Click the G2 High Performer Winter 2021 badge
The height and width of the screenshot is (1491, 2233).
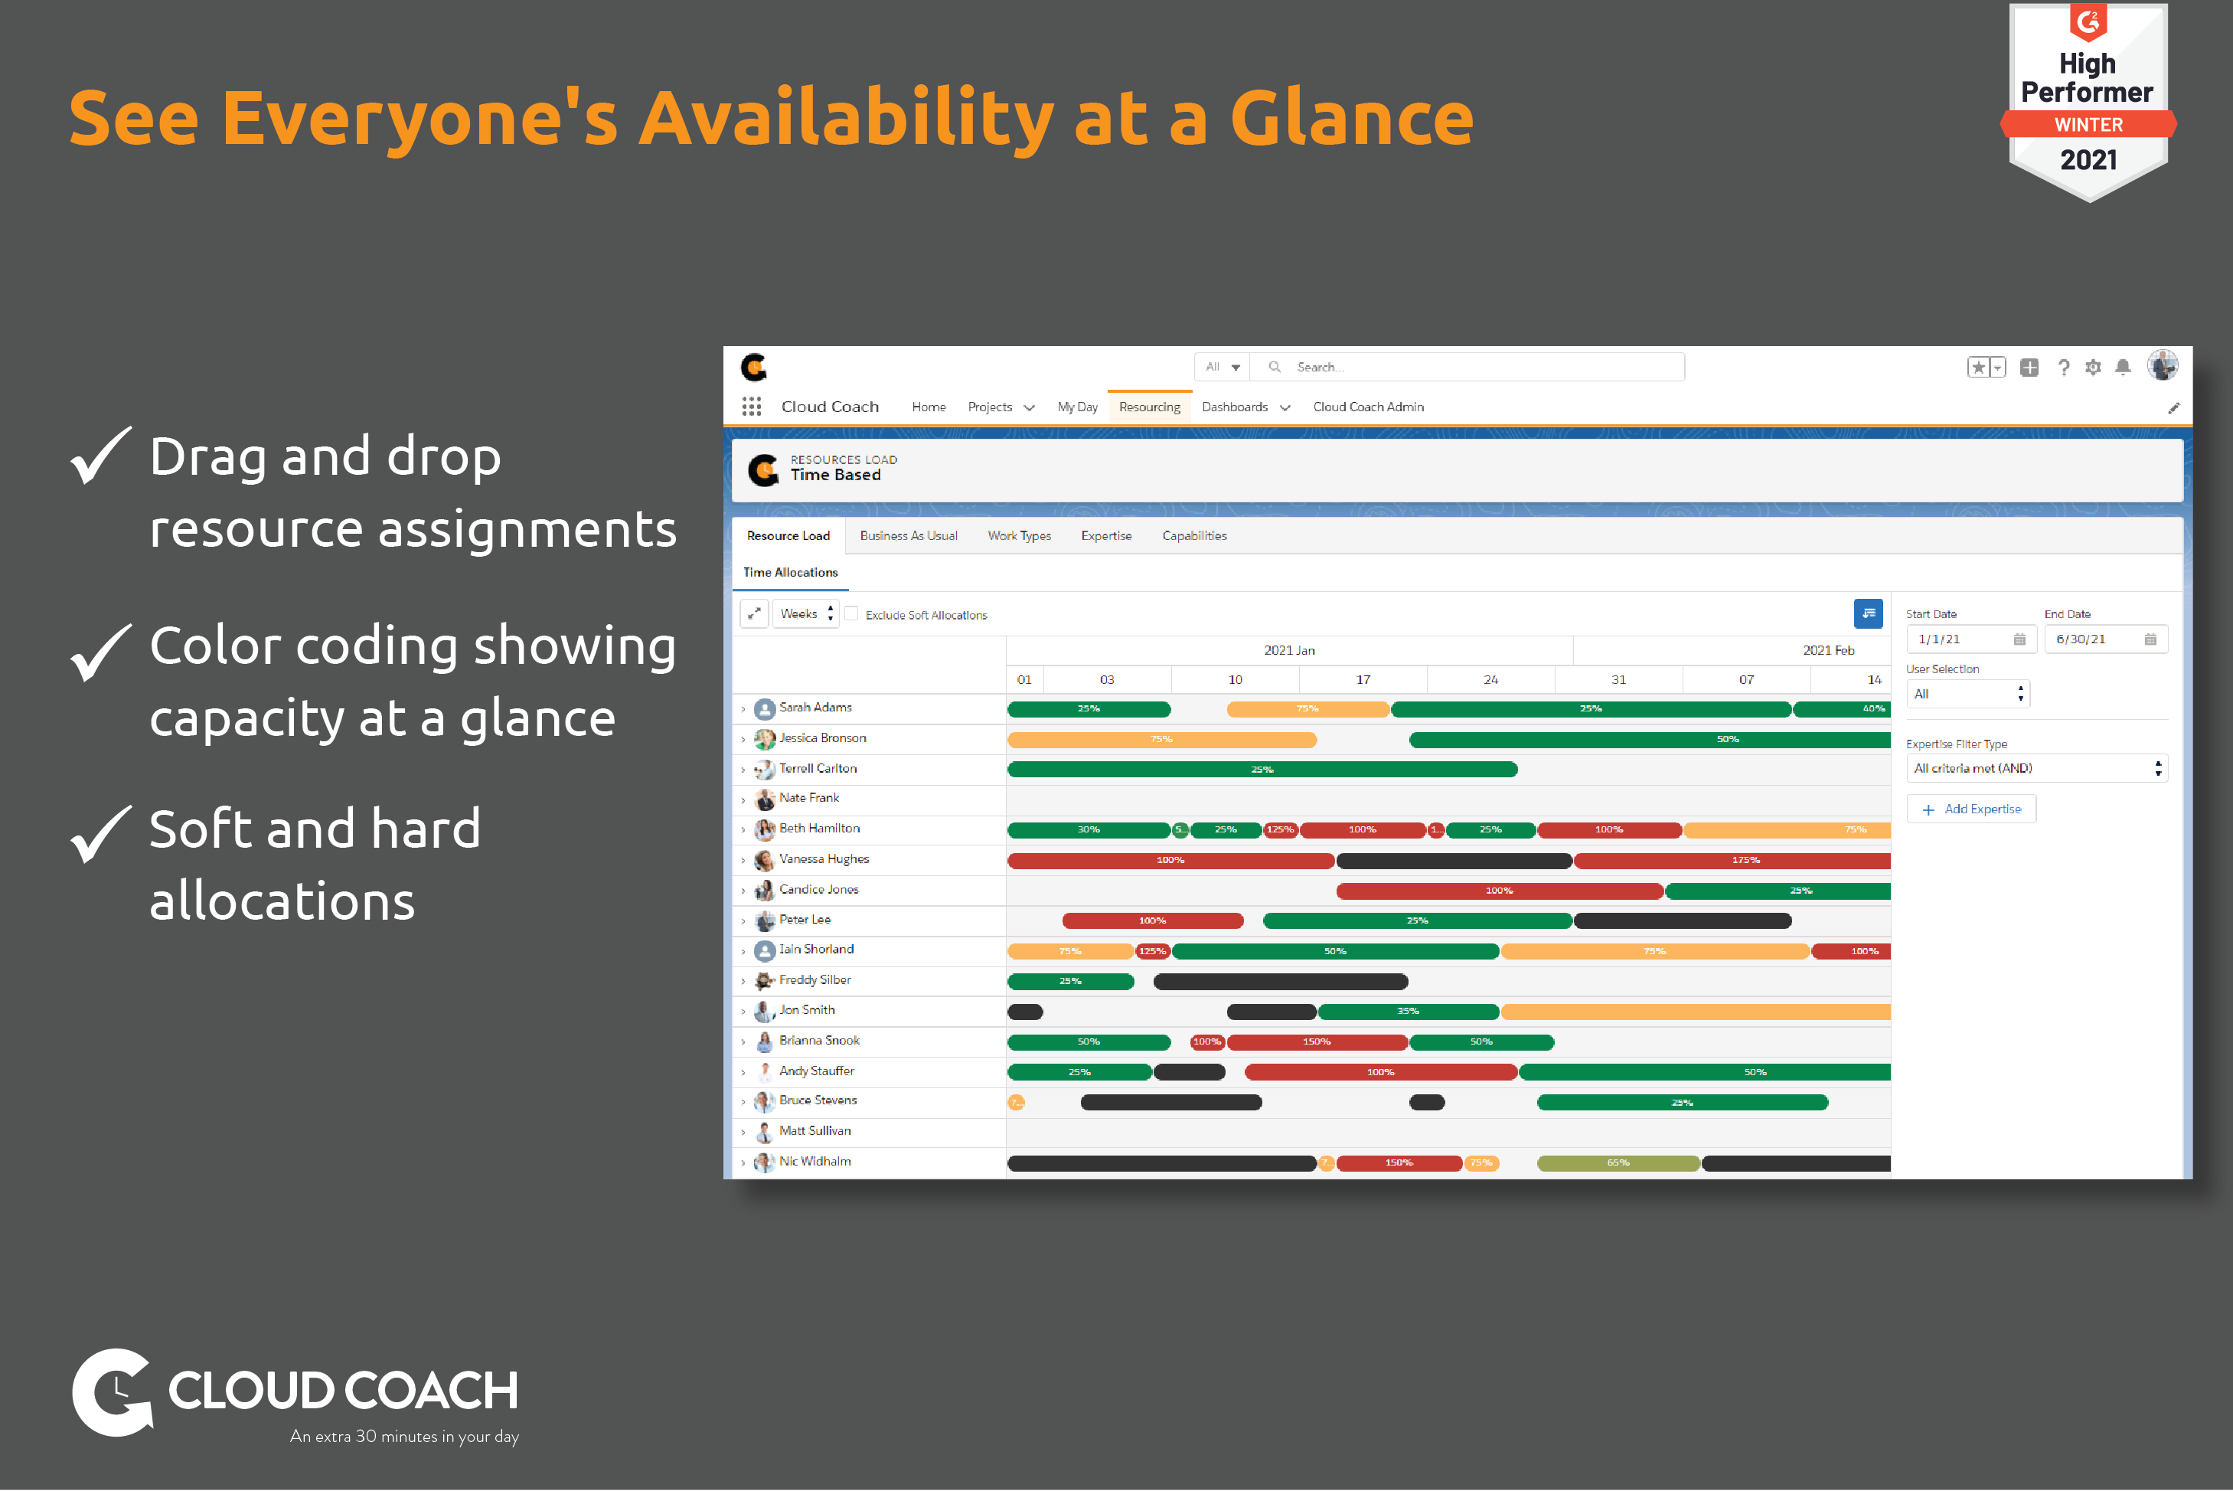pos(2088,100)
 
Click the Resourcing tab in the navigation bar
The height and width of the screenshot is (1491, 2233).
pos(1148,407)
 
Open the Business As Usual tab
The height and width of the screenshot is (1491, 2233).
pos(908,535)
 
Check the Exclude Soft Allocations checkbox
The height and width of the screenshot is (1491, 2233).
pos(852,614)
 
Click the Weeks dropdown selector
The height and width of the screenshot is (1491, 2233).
pos(805,613)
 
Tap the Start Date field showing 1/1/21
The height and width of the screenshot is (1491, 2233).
pos(1968,639)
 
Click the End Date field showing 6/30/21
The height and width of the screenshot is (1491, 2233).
pos(2104,639)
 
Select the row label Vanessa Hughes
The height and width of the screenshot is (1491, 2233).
pos(823,858)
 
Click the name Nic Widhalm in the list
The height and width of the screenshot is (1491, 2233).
pos(815,1161)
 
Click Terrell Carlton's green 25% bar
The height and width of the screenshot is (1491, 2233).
pos(1262,770)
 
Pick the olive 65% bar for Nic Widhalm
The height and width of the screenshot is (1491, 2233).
pos(1618,1163)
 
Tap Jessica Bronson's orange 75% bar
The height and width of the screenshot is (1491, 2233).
pos(1161,740)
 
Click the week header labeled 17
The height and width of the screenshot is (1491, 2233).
pos(1363,679)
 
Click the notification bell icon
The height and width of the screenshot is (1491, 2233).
pos(2122,367)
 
